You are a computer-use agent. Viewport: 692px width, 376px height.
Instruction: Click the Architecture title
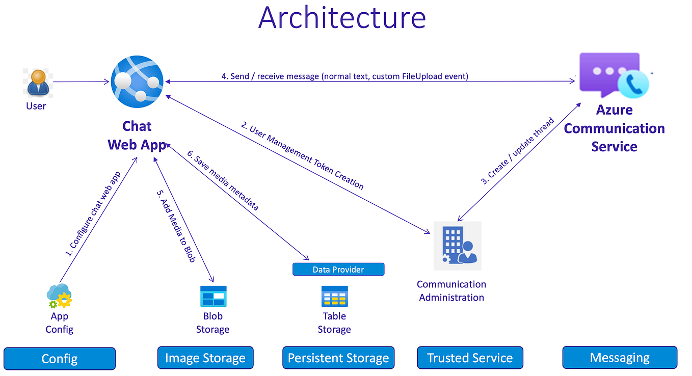click(342, 17)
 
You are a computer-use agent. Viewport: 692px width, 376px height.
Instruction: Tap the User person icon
click(37, 83)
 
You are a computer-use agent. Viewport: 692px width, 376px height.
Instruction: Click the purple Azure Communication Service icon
click(613, 75)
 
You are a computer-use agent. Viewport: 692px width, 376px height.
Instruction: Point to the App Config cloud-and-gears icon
click(59, 296)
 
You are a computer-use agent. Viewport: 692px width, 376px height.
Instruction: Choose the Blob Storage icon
click(213, 296)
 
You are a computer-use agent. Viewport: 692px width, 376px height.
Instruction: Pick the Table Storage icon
click(334, 296)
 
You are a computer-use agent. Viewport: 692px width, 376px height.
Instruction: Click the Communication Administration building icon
click(457, 245)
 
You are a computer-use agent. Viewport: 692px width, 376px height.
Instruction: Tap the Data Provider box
click(338, 269)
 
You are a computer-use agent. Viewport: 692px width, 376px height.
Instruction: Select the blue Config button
click(60, 358)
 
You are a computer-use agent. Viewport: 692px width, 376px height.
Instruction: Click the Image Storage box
click(205, 358)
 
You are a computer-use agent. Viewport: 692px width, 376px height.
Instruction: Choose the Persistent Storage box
click(338, 358)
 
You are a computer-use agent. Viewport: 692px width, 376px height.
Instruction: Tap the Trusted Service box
click(470, 358)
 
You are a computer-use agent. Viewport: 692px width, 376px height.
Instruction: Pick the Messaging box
click(620, 358)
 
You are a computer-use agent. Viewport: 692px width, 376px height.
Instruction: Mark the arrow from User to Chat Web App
click(82, 82)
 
